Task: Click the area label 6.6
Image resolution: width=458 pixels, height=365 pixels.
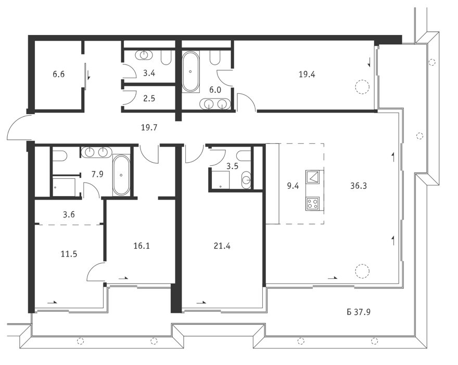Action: (x=58, y=74)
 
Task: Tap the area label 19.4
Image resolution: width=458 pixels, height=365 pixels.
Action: (x=307, y=75)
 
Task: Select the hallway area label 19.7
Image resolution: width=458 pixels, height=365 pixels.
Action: (x=149, y=128)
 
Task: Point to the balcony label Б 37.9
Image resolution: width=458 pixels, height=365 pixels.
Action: (x=359, y=312)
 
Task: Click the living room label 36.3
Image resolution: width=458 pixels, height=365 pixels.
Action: (x=359, y=186)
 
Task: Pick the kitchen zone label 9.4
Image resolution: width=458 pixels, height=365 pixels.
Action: (x=292, y=186)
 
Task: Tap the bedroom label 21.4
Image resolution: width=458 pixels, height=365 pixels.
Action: (x=222, y=246)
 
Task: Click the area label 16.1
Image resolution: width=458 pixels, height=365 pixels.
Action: (x=142, y=246)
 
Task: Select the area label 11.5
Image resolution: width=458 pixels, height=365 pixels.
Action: (x=69, y=254)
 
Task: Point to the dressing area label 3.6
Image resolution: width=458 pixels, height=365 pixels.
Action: (x=69, y=215)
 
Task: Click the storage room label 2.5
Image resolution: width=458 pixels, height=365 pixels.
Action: (x=149, y=99)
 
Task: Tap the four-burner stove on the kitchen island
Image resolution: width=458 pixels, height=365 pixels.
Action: (x=313, y=204)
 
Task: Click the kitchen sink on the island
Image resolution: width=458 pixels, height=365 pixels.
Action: (x=313, y=177)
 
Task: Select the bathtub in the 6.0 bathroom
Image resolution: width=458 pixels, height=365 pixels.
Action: (x=190, y=72)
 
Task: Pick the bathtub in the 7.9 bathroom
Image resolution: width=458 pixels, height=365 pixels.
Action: (x=121, y=175)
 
